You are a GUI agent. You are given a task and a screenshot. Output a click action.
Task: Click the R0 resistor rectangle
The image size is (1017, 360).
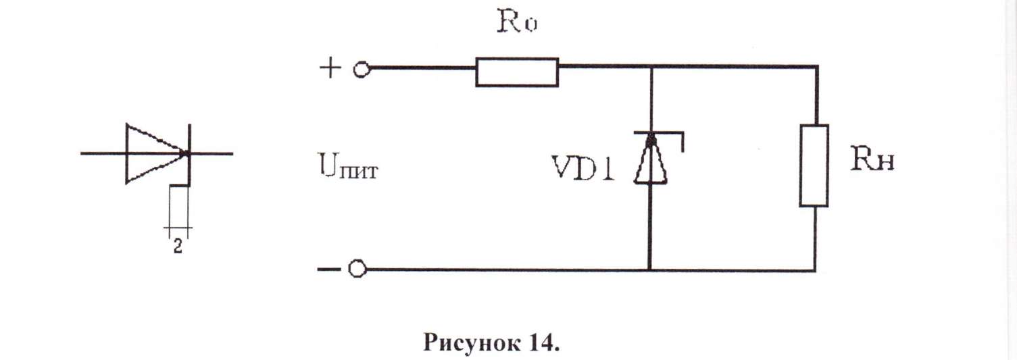pos(517,72)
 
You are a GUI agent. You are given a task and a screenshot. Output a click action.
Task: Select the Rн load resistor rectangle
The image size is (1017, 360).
pos(814,165)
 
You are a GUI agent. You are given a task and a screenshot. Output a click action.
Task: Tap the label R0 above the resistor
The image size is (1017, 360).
pos(517,21)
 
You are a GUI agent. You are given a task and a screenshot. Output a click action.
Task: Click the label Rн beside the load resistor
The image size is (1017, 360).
pos(872,160)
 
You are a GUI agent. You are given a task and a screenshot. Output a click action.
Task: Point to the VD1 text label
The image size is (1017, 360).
pos(583,168)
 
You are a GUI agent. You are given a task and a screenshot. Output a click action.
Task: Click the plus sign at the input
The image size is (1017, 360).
pos(330,68)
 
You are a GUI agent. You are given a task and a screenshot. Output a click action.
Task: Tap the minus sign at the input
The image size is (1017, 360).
pos(328,269)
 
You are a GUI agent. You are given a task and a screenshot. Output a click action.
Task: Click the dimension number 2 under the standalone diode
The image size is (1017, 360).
pos(178,247)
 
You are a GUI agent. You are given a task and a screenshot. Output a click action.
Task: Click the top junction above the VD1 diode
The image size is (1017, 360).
pos(651,67)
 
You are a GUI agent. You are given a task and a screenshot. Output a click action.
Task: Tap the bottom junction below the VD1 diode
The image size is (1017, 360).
pos(649,269)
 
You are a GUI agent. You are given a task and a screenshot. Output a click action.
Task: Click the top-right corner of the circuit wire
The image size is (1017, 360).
pos(817,67)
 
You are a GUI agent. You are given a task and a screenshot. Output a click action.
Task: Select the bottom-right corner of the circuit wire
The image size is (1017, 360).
pos(815,271)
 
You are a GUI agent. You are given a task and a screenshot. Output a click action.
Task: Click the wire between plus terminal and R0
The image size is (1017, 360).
pos(423,68)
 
